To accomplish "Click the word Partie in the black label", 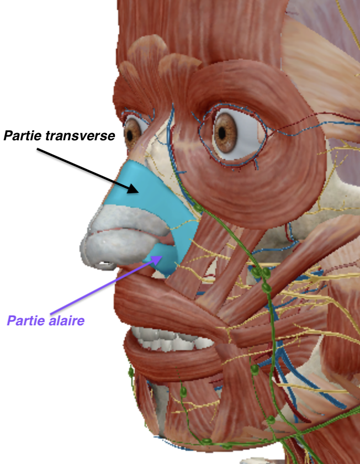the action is click(x=23, y=136).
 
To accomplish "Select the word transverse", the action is click(x=80, y=136).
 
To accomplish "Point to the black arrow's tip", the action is click(x=139, y=192).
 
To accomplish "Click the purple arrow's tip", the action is click(x=162, y=256).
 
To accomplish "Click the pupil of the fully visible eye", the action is click(x=223, y=133).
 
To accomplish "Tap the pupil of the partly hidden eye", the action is click(x=130, y=135).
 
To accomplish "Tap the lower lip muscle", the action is click(x=172, y=361).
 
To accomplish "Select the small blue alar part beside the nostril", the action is click(x=164, y=260).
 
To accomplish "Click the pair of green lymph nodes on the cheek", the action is click(x=262, y=273).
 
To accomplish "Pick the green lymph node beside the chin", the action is click(x=183, y=392).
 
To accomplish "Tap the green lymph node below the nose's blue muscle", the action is click(x=198, y=208).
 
